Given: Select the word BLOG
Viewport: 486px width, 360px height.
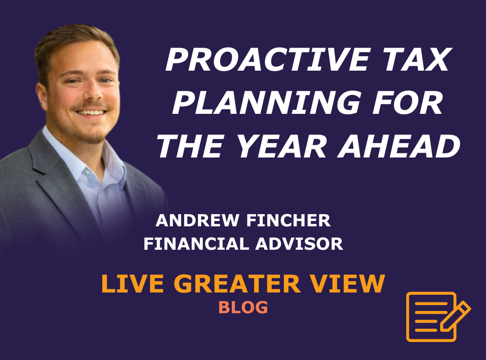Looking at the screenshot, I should click(x=243, y=308).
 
